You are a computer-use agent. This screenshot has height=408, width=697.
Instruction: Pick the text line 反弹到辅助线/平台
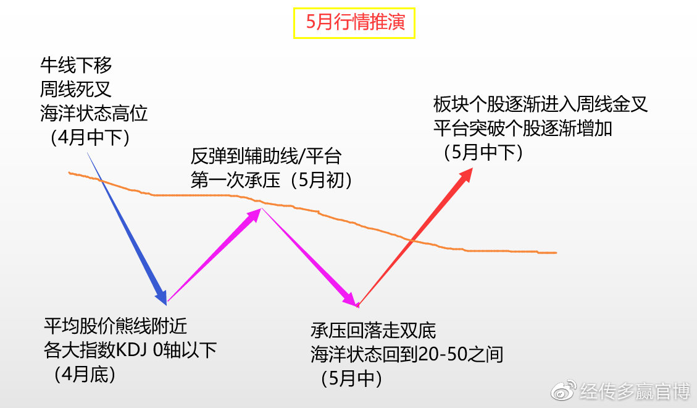[x=266, y=155]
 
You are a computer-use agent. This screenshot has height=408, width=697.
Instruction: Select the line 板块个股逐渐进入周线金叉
[x=540, y=104]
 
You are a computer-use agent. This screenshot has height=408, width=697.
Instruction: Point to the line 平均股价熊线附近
[x=115, y=326]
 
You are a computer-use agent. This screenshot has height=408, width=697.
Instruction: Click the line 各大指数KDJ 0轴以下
[x=130, y=350]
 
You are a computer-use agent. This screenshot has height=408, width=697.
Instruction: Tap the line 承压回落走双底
[x=373, y=330]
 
